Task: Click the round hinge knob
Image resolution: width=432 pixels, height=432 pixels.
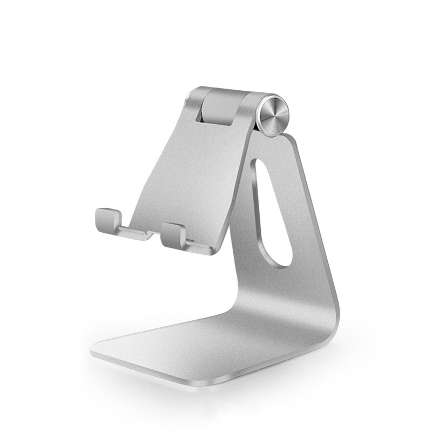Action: [273, 114]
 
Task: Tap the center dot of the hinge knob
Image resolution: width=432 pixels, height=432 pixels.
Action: [274, 114]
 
